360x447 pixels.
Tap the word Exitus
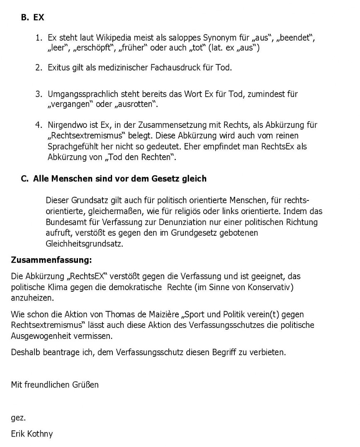(59, 68)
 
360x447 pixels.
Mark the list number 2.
(39, 68)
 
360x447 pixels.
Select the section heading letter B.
(24, 18)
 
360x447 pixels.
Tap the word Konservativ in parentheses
(275, 287)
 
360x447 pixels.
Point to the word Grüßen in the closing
(86, 384)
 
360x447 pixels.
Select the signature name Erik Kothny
(32, 434)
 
